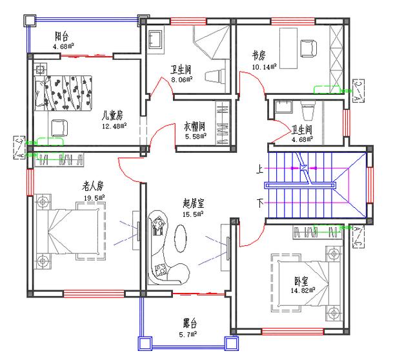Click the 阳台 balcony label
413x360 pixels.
62,36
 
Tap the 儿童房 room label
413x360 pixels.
112,115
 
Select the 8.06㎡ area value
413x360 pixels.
182,79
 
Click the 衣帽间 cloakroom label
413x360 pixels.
195,126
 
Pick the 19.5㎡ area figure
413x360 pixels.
94,197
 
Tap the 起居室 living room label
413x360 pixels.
194,203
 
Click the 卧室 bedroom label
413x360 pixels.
301,281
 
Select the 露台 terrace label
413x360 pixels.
190,323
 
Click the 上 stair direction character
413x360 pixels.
259,169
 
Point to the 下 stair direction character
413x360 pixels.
260,203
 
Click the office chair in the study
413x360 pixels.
308,48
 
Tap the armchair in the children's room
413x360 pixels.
59,128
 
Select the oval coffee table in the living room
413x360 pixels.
180,238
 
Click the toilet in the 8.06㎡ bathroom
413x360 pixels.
215,76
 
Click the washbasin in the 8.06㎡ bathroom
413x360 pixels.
156,39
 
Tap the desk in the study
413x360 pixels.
288,48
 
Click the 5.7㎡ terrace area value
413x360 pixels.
188,334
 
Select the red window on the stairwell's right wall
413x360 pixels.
370,185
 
